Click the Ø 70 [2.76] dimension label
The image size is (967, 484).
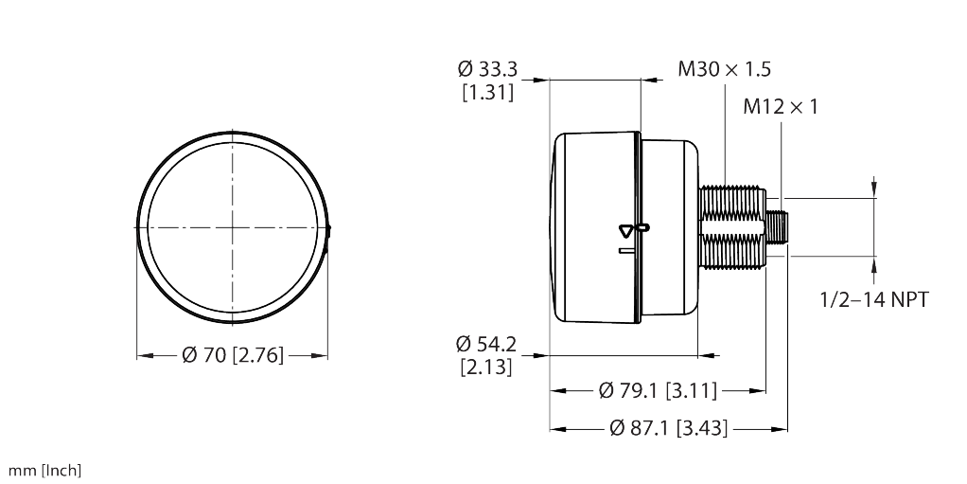(x=233, y=355)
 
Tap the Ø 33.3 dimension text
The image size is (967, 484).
(x=488, y=68)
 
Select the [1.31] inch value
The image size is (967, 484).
(x=488, y=92)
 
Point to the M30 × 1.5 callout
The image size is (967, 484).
(x=724, y=68)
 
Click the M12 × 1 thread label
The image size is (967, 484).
(x=781, y=107)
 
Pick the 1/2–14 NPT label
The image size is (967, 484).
(x=874, y=300)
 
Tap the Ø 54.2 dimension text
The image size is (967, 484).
(x=486, y=343)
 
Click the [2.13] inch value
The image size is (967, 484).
(x=486, y=367)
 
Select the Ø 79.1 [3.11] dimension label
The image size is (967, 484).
(x=658, y=390)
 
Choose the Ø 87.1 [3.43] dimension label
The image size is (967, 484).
(x=669, y=428)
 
